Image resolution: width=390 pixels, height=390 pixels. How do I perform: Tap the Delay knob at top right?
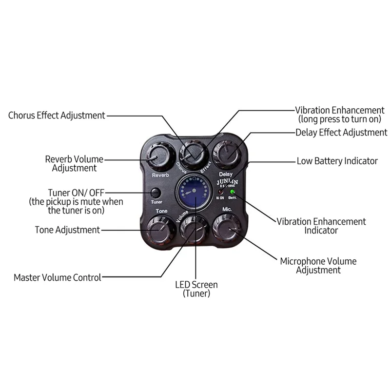point(226,153)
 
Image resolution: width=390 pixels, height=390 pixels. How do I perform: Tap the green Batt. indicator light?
point(233,192)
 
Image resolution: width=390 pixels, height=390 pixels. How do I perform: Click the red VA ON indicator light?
point(221,192)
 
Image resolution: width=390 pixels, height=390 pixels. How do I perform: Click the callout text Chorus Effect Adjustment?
point(57,116)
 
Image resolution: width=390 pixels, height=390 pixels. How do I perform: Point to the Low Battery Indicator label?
point(337,161)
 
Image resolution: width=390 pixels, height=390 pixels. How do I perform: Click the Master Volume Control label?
point(58,277)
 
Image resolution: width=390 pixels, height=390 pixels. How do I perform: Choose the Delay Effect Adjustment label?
point(341,132)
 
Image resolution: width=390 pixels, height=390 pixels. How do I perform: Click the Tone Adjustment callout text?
point(67,230)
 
